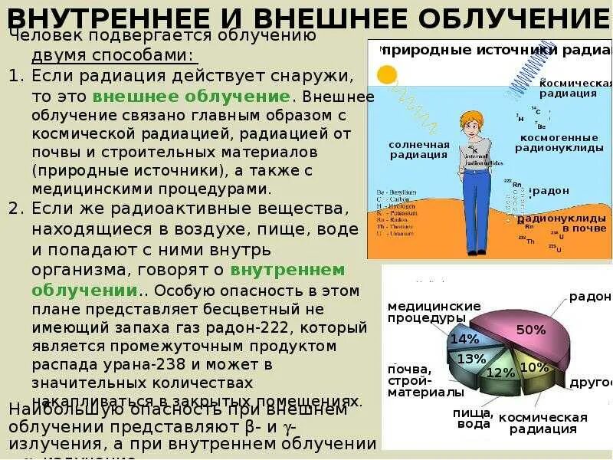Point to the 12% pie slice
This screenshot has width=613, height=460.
point(500,373)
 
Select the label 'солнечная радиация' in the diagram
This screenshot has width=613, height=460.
point(418,149)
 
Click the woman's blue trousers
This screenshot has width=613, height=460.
point(477,207)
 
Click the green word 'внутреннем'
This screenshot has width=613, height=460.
point(287,271)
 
